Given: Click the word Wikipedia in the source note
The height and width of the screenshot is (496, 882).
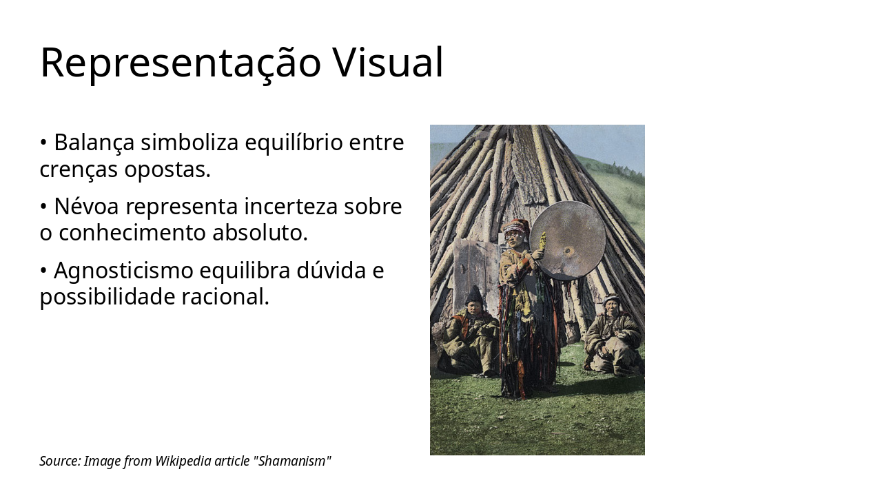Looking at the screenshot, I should (183, 461).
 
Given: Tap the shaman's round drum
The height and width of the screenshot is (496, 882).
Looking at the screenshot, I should (567, 240).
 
